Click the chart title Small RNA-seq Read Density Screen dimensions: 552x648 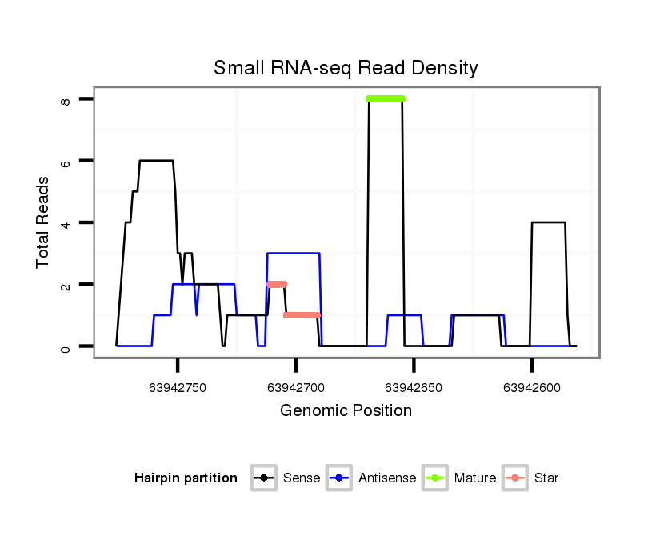pos(346,68)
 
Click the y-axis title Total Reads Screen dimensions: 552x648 pos(45,222)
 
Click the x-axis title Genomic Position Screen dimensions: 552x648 pos(346,411)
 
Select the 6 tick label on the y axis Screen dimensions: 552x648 pos(66,161)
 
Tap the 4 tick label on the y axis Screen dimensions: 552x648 pos(66,222)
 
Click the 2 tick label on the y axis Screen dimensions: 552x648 pos(66,285)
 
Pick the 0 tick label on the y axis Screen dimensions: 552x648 pos(66,346)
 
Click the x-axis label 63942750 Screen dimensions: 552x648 pos(178,387)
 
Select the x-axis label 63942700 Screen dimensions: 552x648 pos(296,387)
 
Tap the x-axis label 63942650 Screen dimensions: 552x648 pos(414,387)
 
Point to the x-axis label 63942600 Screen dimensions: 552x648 pos(531,387)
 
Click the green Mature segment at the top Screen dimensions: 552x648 pos(386,99)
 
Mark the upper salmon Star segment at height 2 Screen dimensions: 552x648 pos(277,284)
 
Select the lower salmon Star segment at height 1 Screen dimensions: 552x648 pos(302,315)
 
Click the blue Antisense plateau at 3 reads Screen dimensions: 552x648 pos(294,254)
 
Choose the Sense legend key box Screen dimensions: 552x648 pos(263,478)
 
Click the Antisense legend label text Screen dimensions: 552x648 pos(387,478)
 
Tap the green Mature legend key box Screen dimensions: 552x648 pos(434,478)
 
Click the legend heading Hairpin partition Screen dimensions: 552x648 pos(186,478)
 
